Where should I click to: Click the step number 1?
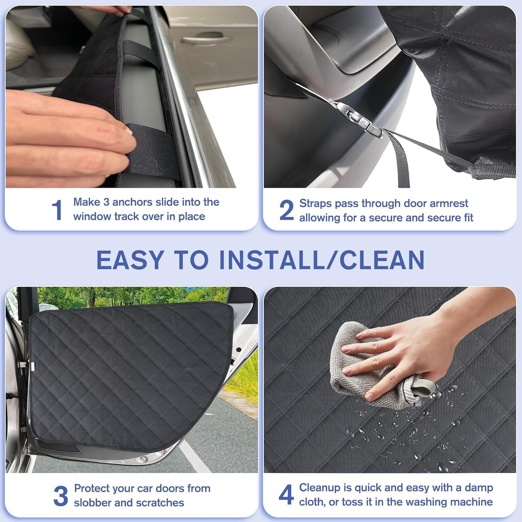point(57,210)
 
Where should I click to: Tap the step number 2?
point(286,210)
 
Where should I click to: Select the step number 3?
point(61,496)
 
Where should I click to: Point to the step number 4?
point(286,495)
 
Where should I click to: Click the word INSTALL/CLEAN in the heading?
point(322,260)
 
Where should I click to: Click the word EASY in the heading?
point(130,260)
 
